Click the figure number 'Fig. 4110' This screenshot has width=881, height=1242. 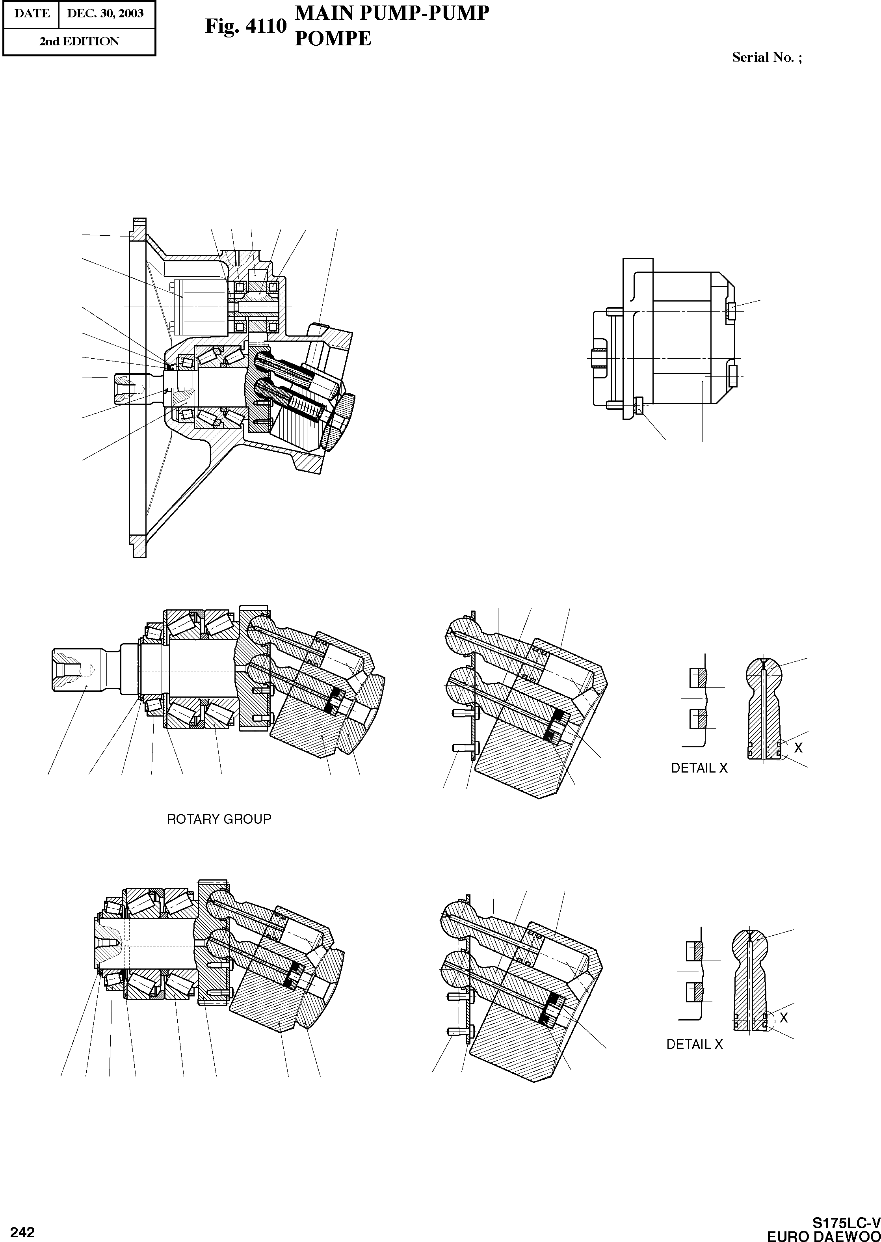click(x=245, y=26)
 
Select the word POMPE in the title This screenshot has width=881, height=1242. click(x=333, y=39)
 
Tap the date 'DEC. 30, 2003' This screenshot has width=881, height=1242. click(x=105, y=13)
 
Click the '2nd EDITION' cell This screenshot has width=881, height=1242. click(x=79, y=41)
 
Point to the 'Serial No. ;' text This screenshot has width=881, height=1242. click(x=766, y=58)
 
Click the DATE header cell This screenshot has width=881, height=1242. click(x=32, y=13)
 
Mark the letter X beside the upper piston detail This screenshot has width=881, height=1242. click(x=798, y=748)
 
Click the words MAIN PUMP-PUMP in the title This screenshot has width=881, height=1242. click(x=392, y=13)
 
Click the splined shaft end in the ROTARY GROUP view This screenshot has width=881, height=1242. click(x=76, y=670)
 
